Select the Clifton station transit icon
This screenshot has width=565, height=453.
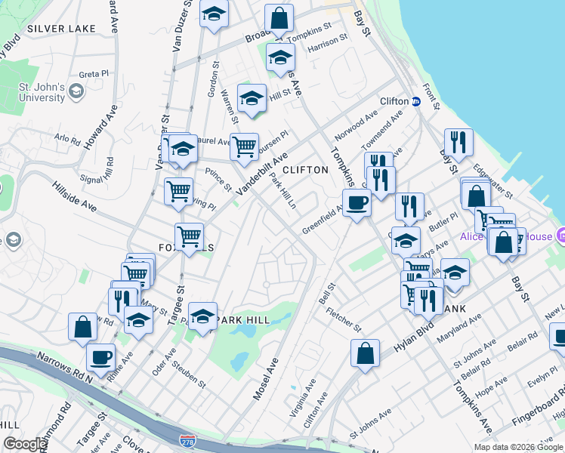[415, 101]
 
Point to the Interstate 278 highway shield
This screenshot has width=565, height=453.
[186, 439]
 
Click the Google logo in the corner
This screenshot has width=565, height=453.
[25, 444]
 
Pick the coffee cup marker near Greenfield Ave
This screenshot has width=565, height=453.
[356, 202]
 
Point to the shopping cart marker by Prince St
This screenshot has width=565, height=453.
[178, 191]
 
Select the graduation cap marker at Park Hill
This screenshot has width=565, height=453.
[202, 316]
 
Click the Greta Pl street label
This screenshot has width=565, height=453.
[95, 74]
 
